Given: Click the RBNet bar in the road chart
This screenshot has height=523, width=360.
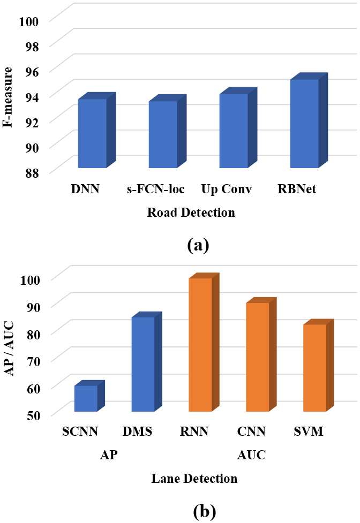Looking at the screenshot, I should pos(304,123).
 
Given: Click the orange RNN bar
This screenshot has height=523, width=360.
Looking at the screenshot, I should pos(200,345).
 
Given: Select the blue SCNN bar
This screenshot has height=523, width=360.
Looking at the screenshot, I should pos(86,398).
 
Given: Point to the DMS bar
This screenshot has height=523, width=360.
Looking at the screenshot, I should pos(143,364).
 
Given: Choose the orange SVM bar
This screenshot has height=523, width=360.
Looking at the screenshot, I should pos(315,368).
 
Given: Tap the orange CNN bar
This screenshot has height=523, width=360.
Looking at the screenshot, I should pos(258,357).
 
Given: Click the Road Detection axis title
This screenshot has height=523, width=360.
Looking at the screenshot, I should pos(192,213).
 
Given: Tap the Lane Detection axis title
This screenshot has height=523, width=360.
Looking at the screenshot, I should pos(194,478).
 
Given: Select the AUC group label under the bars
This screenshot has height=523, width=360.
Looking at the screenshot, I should pos(251,456).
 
